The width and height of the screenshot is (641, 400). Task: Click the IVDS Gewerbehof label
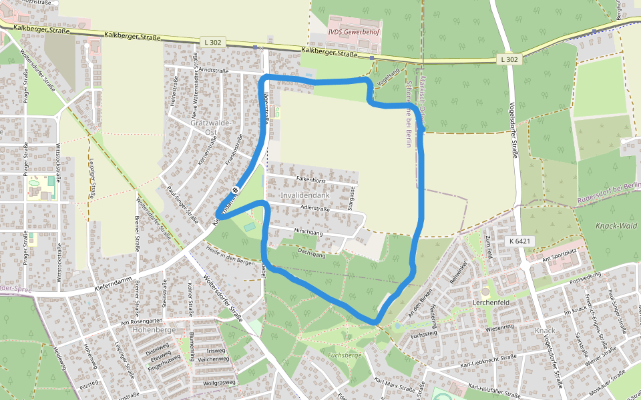point(354,31)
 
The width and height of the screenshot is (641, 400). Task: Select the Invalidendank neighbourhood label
point(305,195)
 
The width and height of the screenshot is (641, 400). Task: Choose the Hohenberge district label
point(154,329)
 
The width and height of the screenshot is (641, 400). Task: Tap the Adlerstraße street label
point(315,209)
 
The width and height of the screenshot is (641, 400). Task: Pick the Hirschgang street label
point(308,232)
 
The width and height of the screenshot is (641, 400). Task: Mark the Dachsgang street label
point(311,253)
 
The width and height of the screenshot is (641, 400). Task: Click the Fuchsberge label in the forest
point(345,355)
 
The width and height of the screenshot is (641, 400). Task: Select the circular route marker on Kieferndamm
point(235,192)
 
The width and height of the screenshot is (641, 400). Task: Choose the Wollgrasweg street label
point(219,383)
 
